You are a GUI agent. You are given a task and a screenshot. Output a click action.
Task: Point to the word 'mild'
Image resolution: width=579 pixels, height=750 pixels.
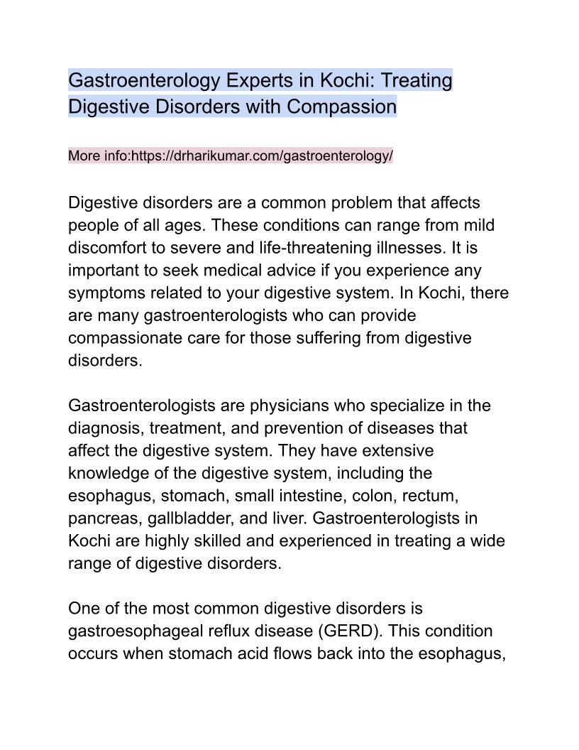[477, 226]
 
